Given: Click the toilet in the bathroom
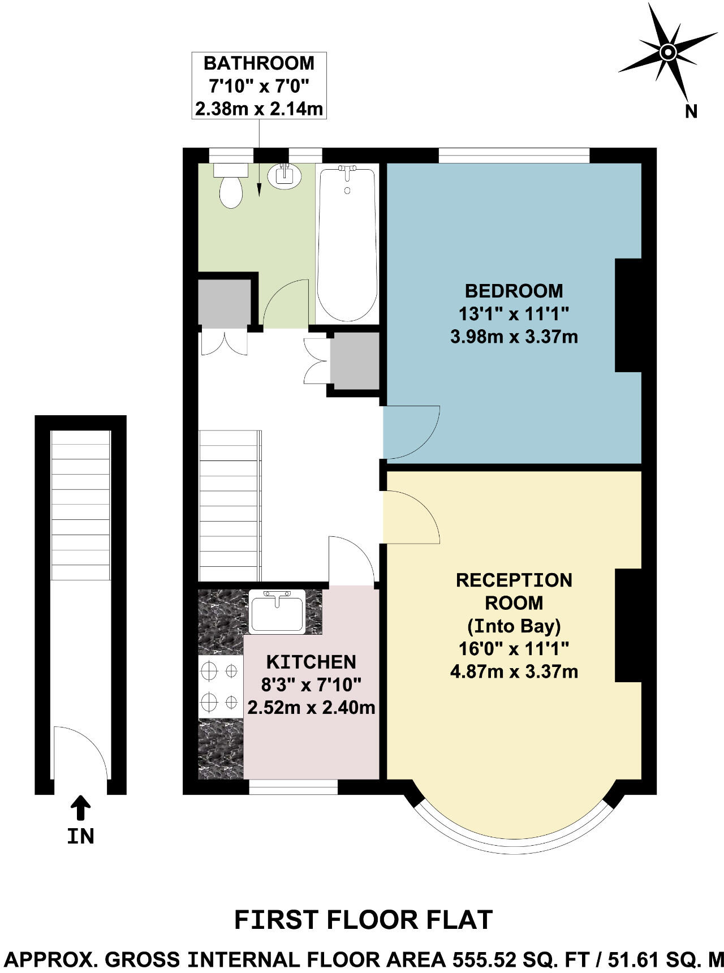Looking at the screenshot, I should point(231,187).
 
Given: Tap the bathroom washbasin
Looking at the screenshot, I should point(285,176).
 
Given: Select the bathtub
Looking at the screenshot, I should point(347,243).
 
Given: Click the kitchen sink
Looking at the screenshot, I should point(277,611).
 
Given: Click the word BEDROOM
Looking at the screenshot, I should point(514,291).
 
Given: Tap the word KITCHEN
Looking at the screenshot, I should point(311,662).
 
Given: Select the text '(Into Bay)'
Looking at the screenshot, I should point(514,626).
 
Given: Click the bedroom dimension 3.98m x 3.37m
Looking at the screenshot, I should point(514,337).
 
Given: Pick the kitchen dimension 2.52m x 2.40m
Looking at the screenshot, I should point(311,707).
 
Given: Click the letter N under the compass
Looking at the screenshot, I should point(691,111).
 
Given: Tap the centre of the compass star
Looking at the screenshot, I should point(668,53).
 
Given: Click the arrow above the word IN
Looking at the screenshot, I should point(80,808).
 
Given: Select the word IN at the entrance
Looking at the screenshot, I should point(80,836).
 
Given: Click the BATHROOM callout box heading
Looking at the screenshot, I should point(258,63).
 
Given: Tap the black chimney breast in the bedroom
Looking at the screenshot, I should point(628,315).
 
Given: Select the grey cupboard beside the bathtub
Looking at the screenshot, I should point(355,361).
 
